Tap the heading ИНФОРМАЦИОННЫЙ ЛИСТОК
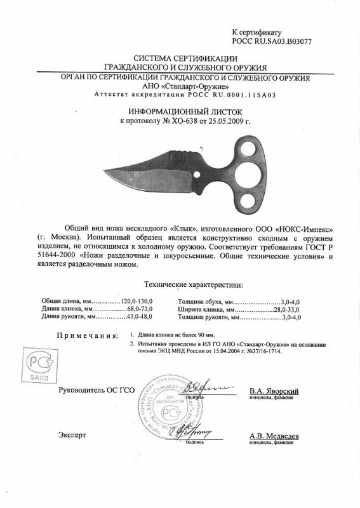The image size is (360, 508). pyautogui.click(x=180, y=110)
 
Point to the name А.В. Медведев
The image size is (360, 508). pyautogui.click(x=274, y=436)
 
